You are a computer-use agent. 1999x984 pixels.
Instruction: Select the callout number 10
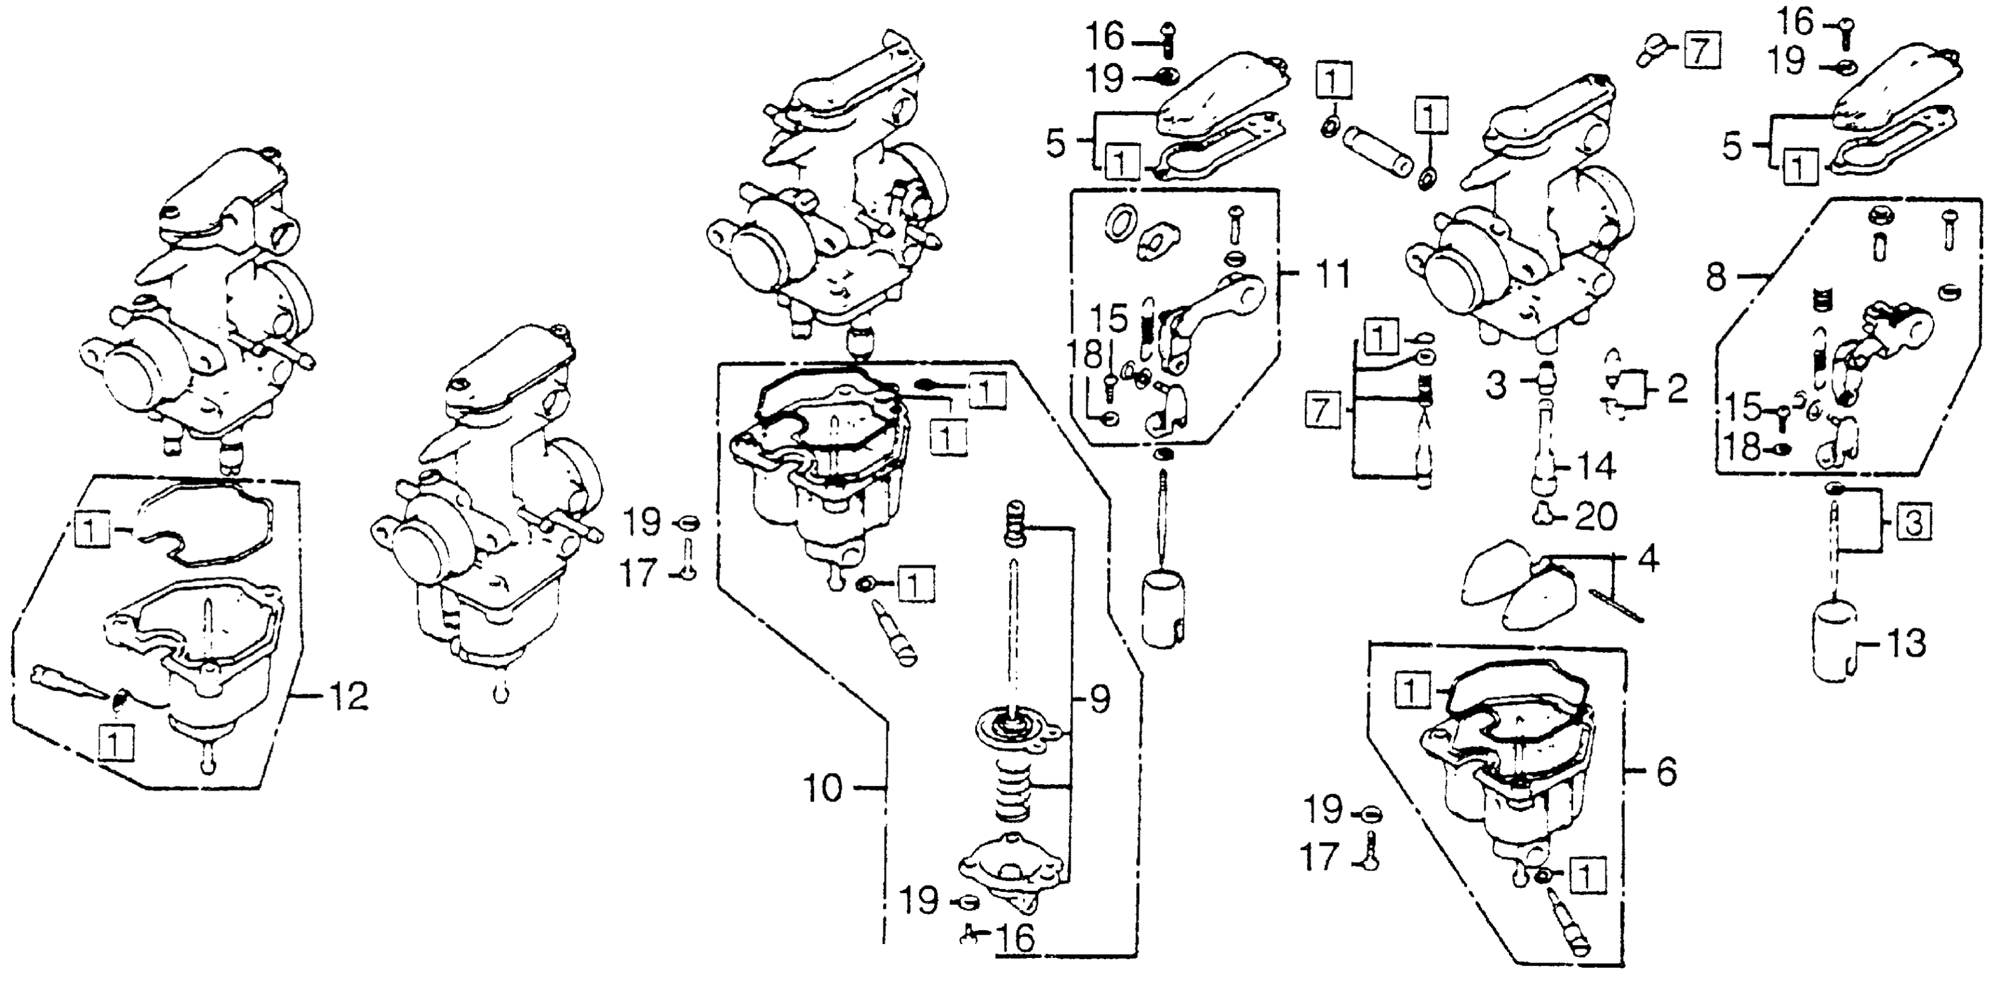click(822, 788)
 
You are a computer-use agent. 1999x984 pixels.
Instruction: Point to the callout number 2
click(1677, 390)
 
